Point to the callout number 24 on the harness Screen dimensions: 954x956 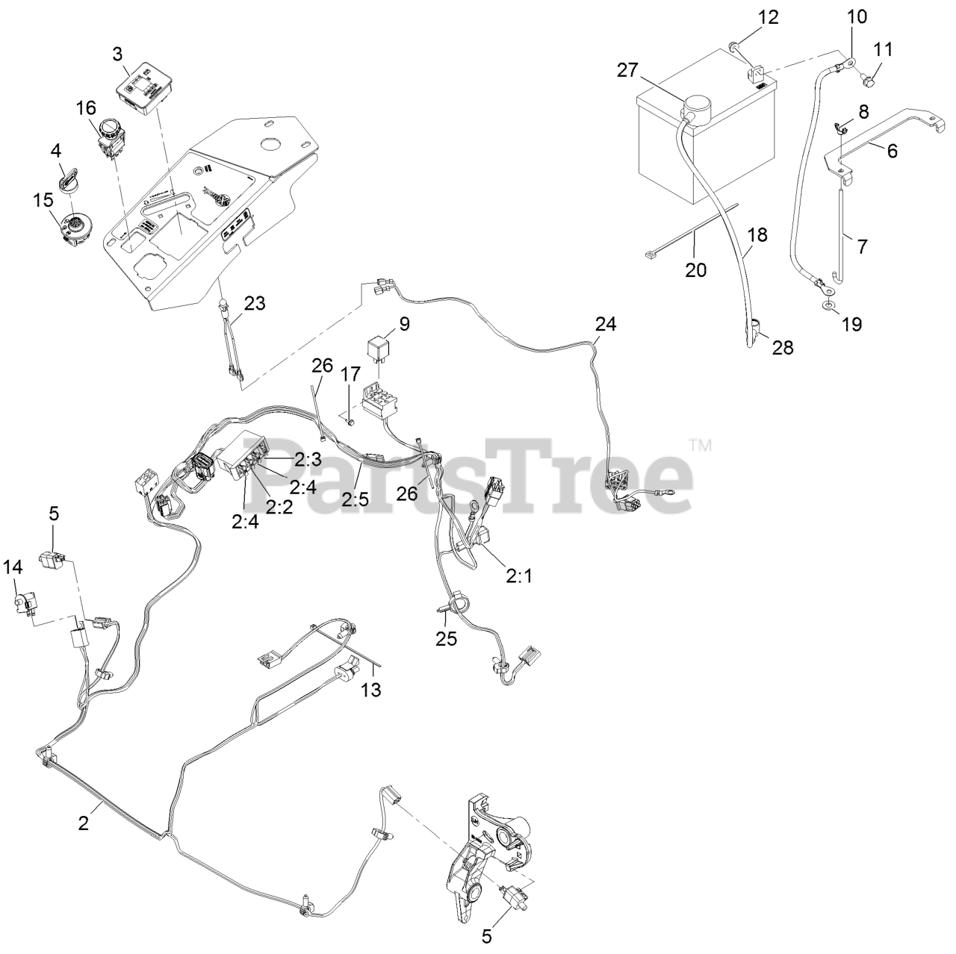[606, 325]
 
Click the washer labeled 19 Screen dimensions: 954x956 [827, 306]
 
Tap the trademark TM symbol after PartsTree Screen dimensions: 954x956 [701, 446]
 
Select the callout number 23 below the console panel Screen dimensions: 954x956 [255, 303]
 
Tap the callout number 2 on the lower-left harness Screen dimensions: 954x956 [84, 823]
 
